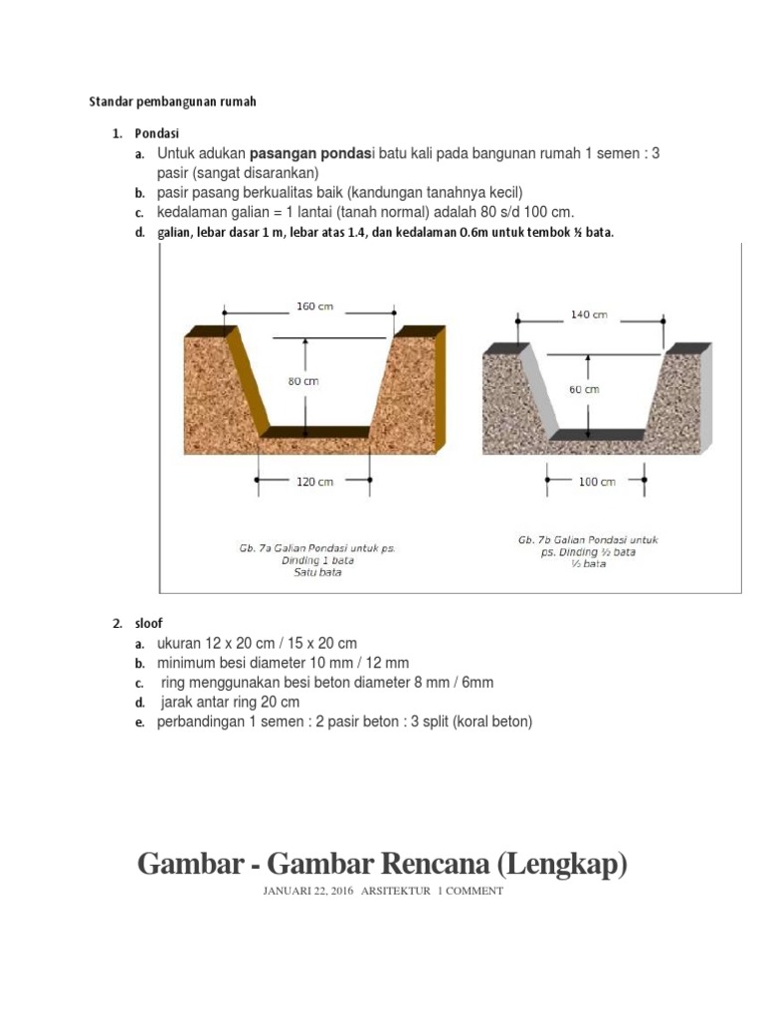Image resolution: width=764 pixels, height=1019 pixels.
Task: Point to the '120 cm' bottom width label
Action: click(313, 482)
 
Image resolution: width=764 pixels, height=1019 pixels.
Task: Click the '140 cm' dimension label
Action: click(589, 314)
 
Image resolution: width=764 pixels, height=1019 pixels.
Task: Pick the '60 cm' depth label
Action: click(584, 390)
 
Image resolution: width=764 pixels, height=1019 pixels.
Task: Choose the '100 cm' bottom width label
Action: click(597, 482)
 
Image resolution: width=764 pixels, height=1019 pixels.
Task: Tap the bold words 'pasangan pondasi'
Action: click(309, 154)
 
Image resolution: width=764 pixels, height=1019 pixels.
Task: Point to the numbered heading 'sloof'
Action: click(149, 624)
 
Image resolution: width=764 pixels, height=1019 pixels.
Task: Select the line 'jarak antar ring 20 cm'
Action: click(230, 702)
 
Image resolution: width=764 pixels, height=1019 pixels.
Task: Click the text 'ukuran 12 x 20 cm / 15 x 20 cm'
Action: click(257, 644)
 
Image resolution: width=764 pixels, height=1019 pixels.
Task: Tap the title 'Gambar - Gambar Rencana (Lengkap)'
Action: click(383, 863)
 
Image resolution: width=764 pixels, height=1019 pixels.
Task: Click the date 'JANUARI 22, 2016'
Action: click(308, 891)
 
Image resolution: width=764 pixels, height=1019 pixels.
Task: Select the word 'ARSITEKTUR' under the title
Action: click(396, 891)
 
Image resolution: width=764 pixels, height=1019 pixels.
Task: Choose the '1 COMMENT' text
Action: click(471, 891)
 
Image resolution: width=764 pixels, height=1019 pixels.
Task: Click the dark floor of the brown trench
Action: click(315, 432)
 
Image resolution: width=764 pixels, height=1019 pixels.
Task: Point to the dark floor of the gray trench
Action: click(596, 435)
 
